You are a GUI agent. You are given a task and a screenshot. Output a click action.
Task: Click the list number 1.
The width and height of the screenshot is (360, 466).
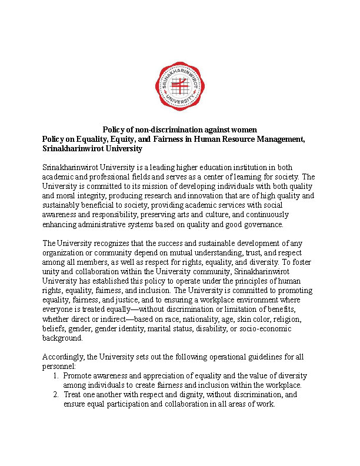point(55,375)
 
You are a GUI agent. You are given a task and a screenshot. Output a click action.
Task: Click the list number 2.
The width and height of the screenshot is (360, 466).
point(55,395)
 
